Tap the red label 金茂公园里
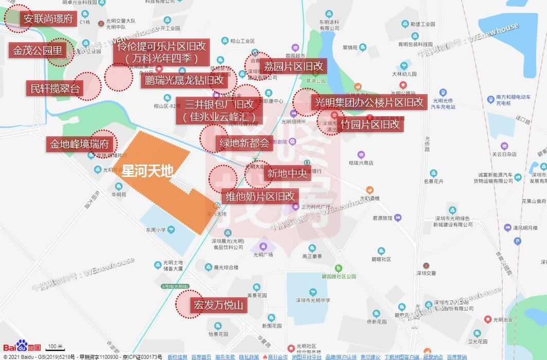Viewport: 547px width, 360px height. click(38, 50)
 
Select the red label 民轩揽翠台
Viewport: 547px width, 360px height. click(55, 88)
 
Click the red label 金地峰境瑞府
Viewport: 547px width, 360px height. click(79, 144)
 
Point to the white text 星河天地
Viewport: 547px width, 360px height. click(147, 171)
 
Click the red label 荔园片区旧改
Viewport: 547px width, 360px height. click(294, 66)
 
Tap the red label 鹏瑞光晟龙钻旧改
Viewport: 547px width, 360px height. click(184, 80)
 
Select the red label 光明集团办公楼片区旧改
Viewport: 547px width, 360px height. click(369, 102)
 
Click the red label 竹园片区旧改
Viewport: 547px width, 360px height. click(370, 124)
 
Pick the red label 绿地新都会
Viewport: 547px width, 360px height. click(244, 143)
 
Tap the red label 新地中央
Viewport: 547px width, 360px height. click(287, 173)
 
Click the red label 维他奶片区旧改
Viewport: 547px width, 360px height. click(260, 196)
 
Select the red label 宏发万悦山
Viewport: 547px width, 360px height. click(218, 305)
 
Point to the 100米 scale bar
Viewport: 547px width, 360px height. click(56, 347)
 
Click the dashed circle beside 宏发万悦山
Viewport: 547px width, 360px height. click(189, 303)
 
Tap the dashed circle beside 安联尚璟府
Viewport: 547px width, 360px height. click(17, 19)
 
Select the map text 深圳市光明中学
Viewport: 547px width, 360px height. click(310, 300)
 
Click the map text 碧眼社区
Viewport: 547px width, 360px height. click(381, 259)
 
